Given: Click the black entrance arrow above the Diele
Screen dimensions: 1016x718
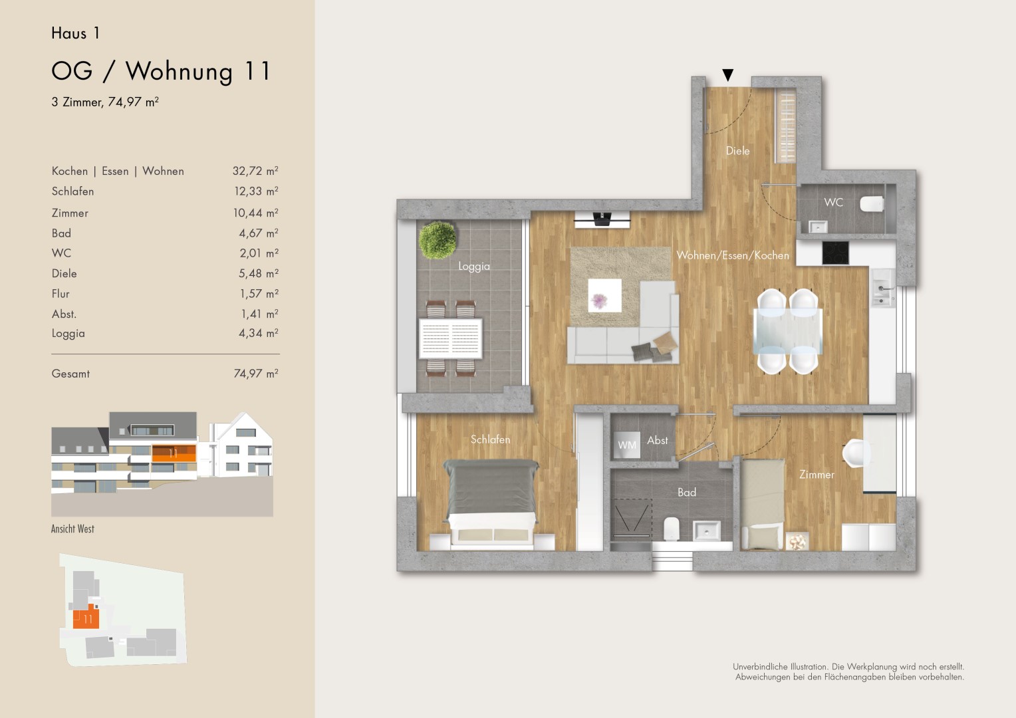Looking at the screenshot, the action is (727, 75).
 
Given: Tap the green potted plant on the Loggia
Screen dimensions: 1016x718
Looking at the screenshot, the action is (438, 240).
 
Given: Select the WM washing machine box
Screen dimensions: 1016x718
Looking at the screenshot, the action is (626, 445).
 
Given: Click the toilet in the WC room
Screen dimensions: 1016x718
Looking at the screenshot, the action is (872, 204).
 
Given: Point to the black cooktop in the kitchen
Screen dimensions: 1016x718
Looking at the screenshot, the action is (836, 253).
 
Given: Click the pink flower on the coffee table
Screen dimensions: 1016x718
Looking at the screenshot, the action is (600, 300).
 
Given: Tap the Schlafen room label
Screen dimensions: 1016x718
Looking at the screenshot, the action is (490, 439).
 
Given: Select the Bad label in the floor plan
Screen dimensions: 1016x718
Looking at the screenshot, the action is (687, 492).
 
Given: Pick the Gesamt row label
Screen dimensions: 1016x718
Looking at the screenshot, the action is (70, 374).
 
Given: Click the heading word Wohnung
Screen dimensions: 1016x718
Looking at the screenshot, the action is (179, 72).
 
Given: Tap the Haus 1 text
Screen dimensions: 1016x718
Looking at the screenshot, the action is (75, 33).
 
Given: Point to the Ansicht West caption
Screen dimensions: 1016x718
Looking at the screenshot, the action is (72, 529).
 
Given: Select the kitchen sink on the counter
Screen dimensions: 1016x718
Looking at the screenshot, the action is (882, 288).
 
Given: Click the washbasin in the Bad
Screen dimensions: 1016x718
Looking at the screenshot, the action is (706, 530).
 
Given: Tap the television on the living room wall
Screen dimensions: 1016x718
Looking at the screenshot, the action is (602, 220).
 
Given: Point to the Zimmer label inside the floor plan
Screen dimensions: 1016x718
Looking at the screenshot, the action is (817, 475).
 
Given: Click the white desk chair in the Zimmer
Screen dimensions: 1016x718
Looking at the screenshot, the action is (856, 453).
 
